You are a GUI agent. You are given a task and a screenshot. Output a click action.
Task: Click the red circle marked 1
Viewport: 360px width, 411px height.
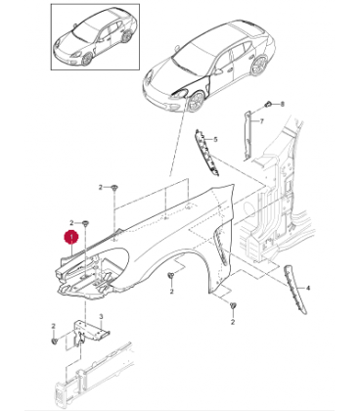point(71,237)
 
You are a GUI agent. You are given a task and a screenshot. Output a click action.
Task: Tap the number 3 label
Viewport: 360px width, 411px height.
point(101,316)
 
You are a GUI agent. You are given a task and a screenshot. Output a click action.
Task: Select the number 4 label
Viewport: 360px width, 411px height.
point(308,288)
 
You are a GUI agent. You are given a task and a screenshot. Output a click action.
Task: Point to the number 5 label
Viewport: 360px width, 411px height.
point(215,140)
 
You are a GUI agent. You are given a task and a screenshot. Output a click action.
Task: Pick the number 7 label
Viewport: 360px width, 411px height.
point(261,121)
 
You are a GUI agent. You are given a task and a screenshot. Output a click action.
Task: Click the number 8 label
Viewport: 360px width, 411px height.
point(283,104)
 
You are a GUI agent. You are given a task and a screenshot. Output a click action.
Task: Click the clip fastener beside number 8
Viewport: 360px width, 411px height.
point(268,104)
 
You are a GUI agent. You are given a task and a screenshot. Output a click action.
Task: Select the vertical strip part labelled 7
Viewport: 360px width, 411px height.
point(248,135)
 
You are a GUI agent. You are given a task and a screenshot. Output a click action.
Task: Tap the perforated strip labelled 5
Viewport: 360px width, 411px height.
point(206,153)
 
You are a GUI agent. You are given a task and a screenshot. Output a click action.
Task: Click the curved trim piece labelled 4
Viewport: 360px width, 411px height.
point(295,289)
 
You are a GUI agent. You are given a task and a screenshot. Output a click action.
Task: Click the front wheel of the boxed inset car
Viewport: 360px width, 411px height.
point(87,59)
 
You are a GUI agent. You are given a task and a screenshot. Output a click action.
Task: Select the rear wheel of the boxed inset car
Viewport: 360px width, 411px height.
point(127,36)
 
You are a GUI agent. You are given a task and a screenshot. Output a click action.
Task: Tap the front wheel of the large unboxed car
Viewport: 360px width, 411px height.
point(197,101)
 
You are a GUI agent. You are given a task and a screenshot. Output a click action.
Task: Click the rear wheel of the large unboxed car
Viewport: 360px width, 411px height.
point(260,66)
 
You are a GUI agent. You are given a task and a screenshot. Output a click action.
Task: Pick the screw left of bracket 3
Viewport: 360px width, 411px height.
point(54,341)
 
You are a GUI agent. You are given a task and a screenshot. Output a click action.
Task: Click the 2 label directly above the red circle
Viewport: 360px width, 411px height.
point(71,223)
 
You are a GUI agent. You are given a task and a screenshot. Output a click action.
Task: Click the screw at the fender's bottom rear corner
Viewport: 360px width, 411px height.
point(233,305)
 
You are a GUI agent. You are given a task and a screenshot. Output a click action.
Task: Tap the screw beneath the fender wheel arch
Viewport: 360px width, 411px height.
point(170,276)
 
